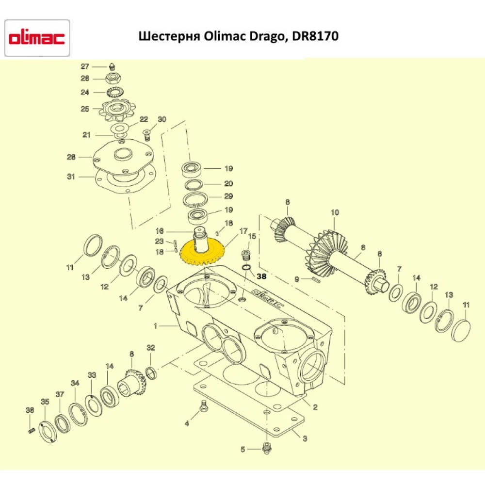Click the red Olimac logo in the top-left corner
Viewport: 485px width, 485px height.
tap(37, 38)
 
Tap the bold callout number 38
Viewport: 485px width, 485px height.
tap(261, 276)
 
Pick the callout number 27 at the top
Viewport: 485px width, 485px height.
tap(85, 66)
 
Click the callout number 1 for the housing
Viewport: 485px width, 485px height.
tap(156, 326)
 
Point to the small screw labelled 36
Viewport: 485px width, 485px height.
tap(31, 431)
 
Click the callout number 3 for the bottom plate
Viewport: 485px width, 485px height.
tap(305, 439)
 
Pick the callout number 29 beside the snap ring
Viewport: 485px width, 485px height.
tap(228, 196)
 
